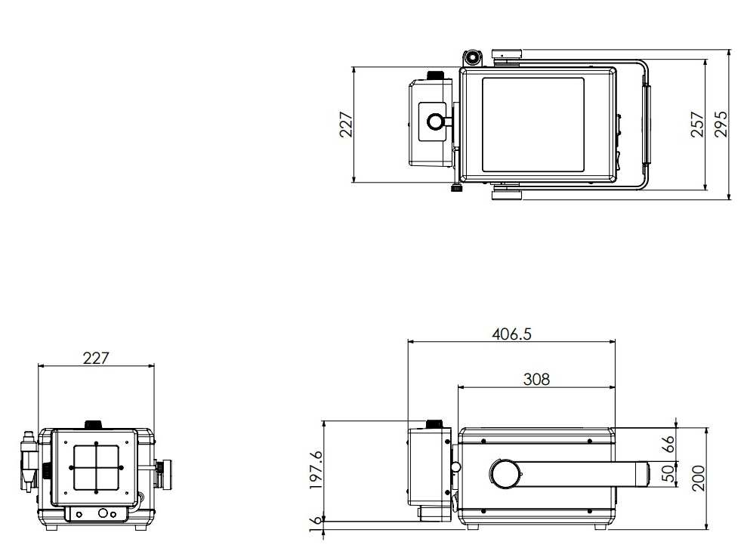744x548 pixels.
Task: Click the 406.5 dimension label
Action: pyautogui.click(x=511, y=334)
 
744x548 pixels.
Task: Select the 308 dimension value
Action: pyautogui.click(x=536, y=379)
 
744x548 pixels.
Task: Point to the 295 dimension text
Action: pyautogui.click(x=721, y=125)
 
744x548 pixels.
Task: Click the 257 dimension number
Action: pyautogui.click(x=697, y=125)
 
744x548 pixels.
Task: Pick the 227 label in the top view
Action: pyautogui.click(x=345, y=125)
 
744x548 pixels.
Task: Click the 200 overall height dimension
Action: pyautogui.click(x=698, y=478)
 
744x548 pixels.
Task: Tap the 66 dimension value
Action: pyautogui.click(x=668, y=444)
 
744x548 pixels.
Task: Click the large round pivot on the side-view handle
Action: pyautogui.click(x=505, y=473)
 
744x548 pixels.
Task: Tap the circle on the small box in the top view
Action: pyautogui.click(x=434, y=122)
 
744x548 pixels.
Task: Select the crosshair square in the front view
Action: pyautogui.click(x=97, y=467)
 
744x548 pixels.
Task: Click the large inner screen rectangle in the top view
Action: pyautogui.click(x=533, y=125)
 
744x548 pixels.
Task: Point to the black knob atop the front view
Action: pyautogui.click(x=94, y=424)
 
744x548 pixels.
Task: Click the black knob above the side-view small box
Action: pyautogui.click(x=435, y=424)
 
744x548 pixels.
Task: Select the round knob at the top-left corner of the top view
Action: pyautogui.click(x=472, y=57)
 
